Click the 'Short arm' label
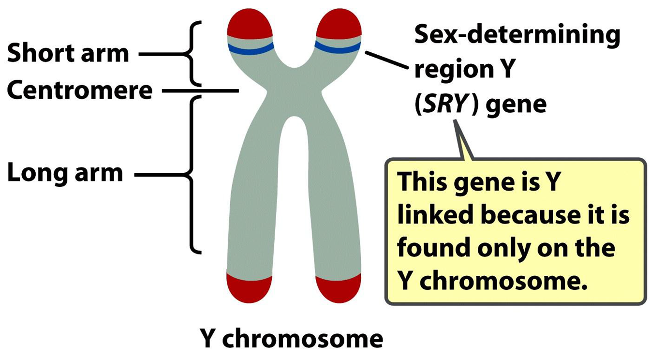pos(68,54)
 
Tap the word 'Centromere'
pos(80,90)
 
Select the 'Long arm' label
pos(65,173)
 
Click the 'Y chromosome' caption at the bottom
pos(292,339)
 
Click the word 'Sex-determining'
pos(517,36)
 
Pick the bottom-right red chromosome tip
pos(338,288)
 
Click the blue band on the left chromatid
pos(251,48)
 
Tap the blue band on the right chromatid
pos(338,46)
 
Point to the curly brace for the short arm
pos(192,53)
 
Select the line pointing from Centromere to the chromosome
pos(201,90)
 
